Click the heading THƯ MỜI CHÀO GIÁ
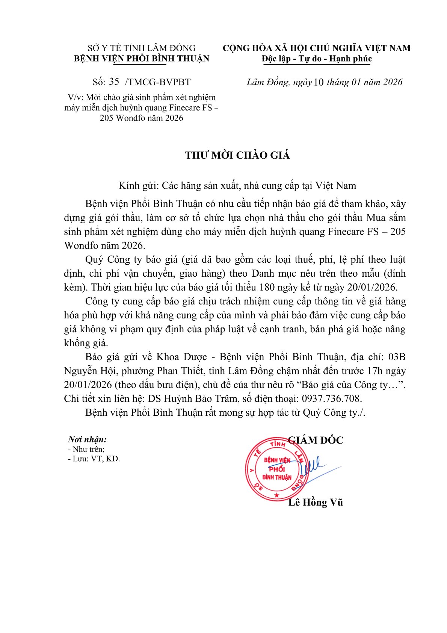[x=237, y=156]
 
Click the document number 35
[x=114, y=82]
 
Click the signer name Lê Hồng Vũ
[x=316, y=502]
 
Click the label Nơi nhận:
[x=87, y=439]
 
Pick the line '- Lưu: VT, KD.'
[x=94, y=459]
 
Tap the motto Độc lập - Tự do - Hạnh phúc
[x=317, y=59]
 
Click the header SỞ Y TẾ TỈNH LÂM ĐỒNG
[x=142, y=48]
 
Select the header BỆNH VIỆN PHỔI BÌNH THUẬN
[x=142, y=59]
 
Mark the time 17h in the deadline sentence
[x=376, y=371]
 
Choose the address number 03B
[x=397, y=357]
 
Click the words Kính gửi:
[x=139, y=186]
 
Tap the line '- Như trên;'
[x=86, y=449]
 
